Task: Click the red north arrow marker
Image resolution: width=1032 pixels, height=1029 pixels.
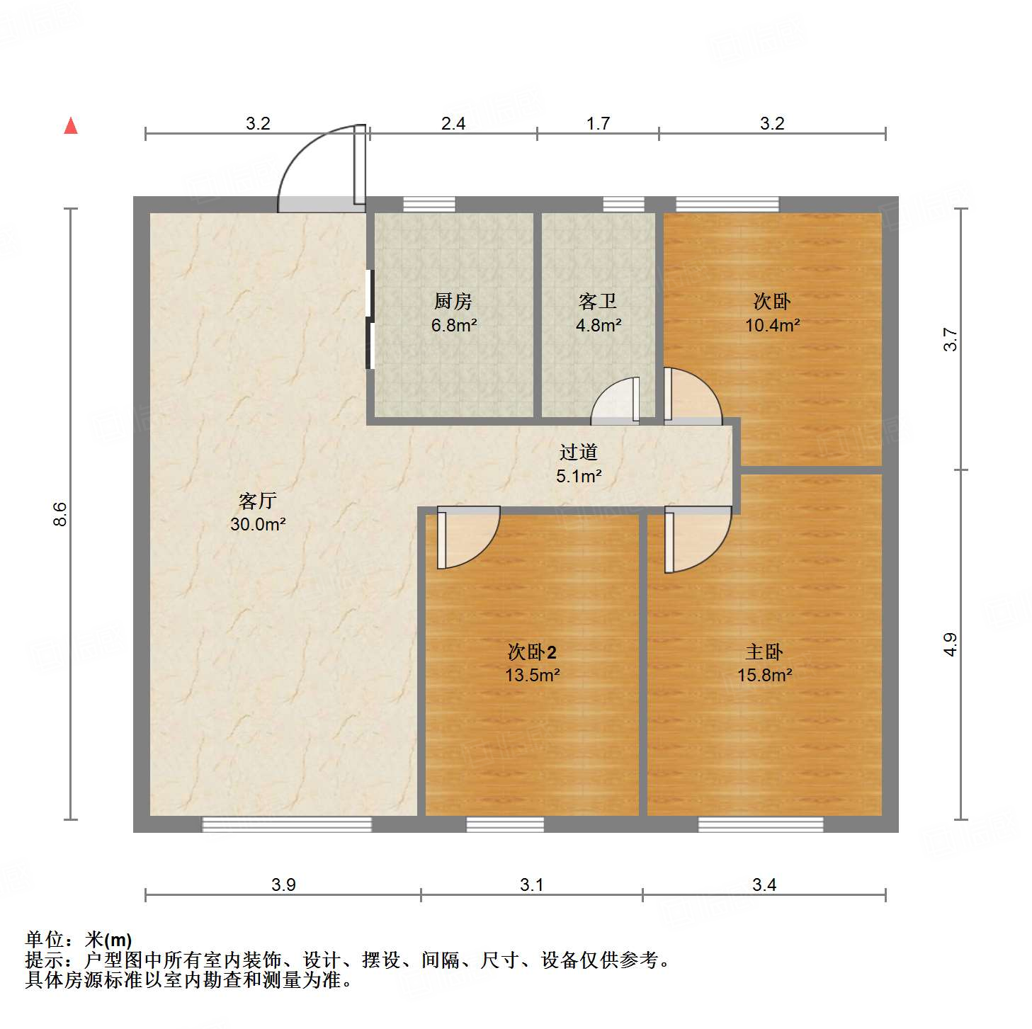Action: point(71,125)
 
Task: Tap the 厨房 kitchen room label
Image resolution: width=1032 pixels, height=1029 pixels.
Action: point(453,302)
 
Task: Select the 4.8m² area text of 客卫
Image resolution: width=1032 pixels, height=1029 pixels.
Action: point(599,326)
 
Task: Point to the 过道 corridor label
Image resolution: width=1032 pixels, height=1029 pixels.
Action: point(579,452)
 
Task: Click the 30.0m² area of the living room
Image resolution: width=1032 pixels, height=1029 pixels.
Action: point(258,525)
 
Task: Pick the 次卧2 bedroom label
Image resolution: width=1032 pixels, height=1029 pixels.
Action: point(532,652)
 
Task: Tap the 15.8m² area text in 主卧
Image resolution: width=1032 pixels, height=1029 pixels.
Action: point(764,675)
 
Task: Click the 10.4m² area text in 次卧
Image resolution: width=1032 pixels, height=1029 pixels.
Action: point(772,326)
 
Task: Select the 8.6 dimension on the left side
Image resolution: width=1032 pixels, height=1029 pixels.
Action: point(60,513)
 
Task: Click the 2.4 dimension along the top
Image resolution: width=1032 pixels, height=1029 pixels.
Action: point(453,124)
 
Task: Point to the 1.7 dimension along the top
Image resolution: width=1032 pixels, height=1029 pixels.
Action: point(598,124)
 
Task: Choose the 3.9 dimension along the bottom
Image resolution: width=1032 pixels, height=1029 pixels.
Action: point(283,885)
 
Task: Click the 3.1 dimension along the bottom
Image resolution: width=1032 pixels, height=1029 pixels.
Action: point(531,885)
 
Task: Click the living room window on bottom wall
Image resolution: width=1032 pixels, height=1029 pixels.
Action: point(287,824)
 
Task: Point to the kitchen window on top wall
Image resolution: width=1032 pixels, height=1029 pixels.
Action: point(429,205)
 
